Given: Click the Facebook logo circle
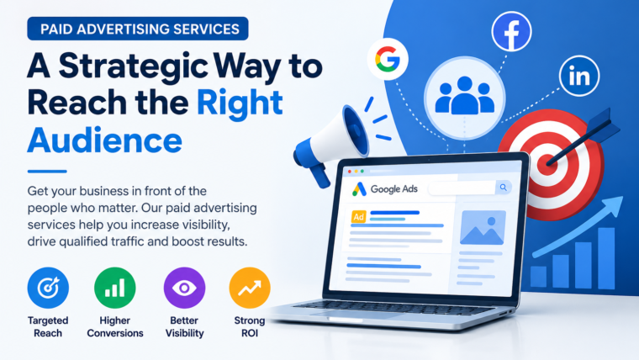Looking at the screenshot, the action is point(511,31).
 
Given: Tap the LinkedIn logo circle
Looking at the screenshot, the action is point(579,76).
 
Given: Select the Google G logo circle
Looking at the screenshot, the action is point(388,59).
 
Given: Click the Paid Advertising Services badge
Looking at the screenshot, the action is point(138,29).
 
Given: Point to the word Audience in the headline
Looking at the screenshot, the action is point(105,140).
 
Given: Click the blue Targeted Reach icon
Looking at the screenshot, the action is point(48,288).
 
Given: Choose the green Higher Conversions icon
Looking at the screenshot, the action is point(115,288).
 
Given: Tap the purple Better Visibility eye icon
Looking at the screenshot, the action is point(184,288).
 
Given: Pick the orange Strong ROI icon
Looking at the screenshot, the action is point(250,288).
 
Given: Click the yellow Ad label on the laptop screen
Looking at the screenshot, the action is point(359,217).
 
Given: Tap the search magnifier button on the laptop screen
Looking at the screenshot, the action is point(504,188).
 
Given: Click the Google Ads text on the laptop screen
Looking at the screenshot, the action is point(394,189).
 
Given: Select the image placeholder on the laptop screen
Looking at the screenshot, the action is point(483,227).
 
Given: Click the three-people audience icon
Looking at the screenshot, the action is point(465,96).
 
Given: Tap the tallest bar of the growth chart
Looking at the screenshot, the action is point(606,258).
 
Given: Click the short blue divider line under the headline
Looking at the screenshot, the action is point(47,172).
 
